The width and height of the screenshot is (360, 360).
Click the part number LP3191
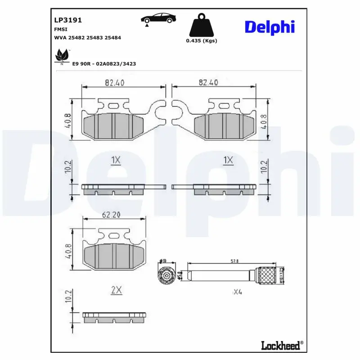[x=67, y=20]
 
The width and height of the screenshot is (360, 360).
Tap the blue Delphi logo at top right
[x=270, y=27]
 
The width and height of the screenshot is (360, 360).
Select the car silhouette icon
[x=158, y=19]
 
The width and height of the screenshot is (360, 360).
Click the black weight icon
[x=201, y=27]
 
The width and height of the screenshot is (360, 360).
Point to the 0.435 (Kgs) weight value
[x=201, y=41]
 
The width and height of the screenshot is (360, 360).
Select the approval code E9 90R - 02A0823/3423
[x=104, y=64]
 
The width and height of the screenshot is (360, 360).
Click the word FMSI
[x=61, y=29]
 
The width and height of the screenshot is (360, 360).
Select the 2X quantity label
[x=116, y=290]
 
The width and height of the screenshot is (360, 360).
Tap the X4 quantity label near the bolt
[x=237, y=292]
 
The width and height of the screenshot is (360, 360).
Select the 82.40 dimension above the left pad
[x=114, y=83]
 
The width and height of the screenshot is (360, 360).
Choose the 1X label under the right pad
[x=229, y=160]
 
